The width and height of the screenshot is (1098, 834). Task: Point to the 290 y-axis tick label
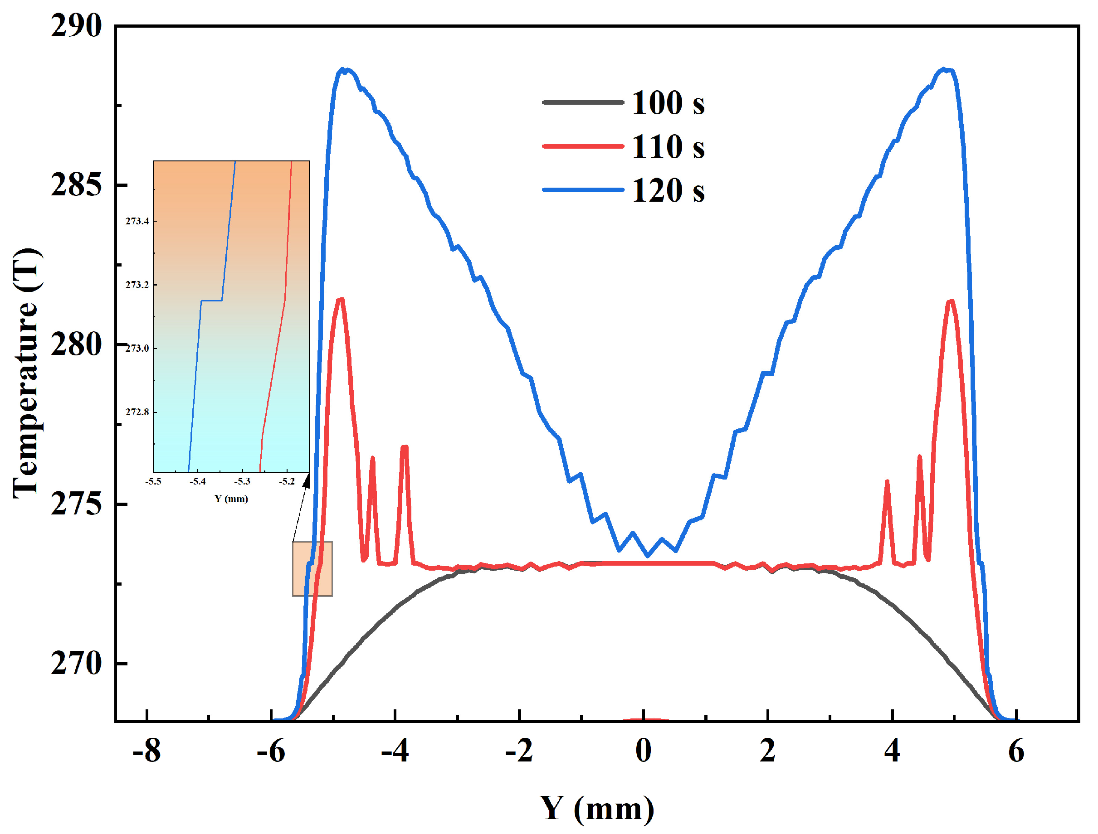76,26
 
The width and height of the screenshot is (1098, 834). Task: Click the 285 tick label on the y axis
76,185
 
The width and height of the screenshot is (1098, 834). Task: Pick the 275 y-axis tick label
76,505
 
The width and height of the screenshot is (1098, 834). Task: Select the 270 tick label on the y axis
76,664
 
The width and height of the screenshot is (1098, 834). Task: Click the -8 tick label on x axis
146,751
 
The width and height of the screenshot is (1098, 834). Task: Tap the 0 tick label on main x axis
644,751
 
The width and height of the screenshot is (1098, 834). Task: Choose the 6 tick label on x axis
1016,751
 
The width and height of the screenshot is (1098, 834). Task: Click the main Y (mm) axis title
597,809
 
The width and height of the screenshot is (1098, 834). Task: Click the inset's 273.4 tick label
137,221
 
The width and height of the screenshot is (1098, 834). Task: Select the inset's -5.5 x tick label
153,481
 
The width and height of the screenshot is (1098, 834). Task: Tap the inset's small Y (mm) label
231,499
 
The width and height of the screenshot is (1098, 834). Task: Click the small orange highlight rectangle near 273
312,569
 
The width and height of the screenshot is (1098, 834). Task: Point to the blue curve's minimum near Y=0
647,556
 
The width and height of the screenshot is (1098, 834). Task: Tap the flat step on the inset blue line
211,301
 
